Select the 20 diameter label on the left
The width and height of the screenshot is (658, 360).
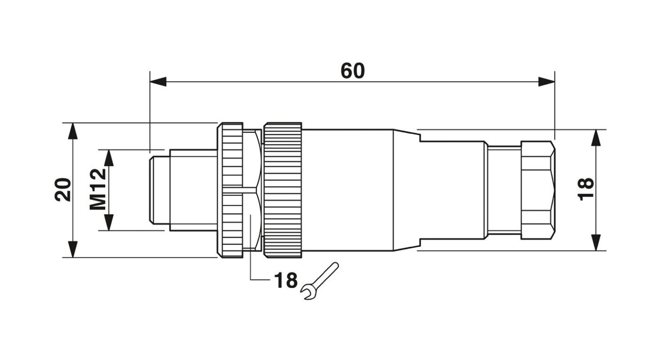coord(63,190)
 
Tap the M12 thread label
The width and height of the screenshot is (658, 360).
coord(97,190)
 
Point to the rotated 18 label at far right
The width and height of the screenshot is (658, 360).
coord(586,190)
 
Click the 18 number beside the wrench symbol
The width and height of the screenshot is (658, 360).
coord(285,281)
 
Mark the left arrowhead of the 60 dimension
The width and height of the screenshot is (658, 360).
coord(158,82)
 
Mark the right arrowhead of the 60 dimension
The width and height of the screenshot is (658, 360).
coord(546,82)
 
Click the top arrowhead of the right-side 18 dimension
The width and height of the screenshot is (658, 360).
coord(596,138)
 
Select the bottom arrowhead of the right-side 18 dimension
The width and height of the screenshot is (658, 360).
coord(596,242)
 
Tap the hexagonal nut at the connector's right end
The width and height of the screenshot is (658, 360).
coord(537,190)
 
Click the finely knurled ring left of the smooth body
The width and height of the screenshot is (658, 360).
coord(283,190)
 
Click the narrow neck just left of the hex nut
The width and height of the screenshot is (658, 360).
coord(503,190)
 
